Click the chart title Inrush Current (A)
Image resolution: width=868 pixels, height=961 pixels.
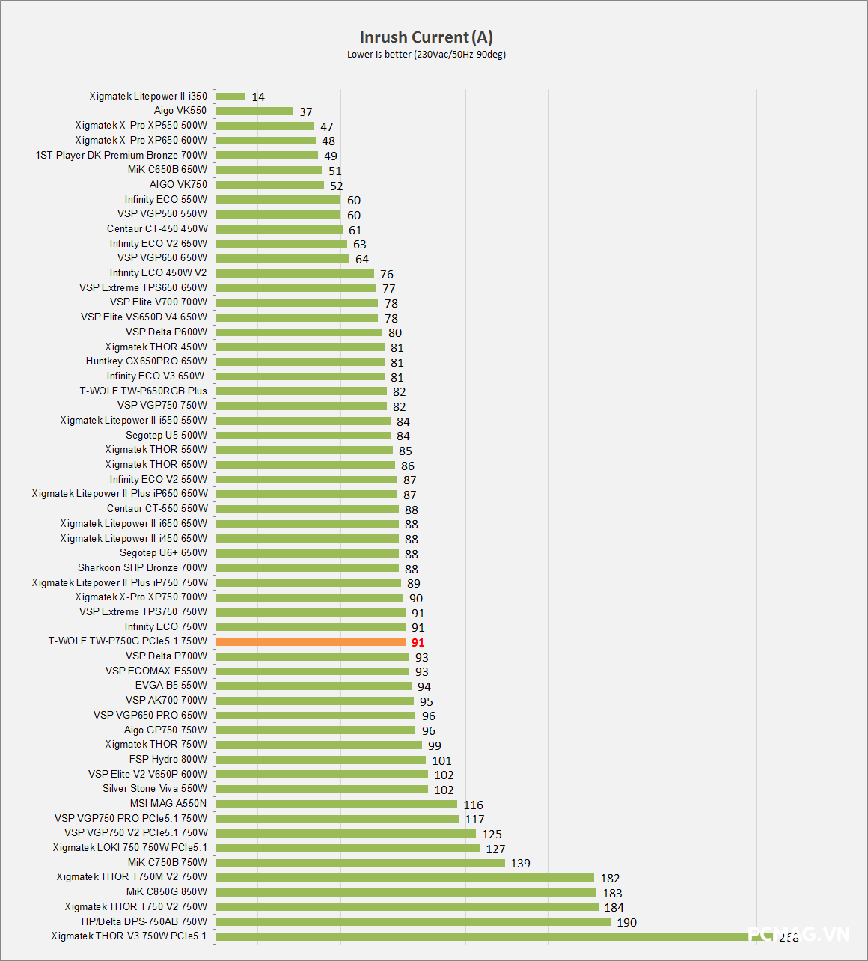[x=426, y=37]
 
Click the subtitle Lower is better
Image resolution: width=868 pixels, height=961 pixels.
[x=426, y=55]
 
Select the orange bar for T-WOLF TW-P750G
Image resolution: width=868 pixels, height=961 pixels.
[x=311, y=641]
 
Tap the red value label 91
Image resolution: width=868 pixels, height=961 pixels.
[x=418, y=643]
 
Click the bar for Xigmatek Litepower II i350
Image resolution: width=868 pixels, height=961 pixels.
[x=230, y=97]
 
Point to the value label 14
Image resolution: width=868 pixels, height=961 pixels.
[x=258, y=97]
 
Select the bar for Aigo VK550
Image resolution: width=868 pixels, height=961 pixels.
[x=254, y=111]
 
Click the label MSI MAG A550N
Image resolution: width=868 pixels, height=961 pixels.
[x=168, y=803]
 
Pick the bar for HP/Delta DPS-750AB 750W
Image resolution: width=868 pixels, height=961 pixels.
[x=413, y=921]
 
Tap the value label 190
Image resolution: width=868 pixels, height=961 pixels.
[x=626, y=923]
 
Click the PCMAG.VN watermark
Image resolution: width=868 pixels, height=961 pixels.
[x=798, y=934]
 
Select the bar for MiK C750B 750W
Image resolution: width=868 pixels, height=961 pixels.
[x=360, y=863]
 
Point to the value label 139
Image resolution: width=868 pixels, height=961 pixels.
[x=520, y=864]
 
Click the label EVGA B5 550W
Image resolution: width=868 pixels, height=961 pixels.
[x=171, y=685]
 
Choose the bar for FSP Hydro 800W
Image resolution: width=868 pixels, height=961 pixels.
[x=320, y=760]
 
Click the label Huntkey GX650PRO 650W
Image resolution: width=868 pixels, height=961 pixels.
[x=147, y=361]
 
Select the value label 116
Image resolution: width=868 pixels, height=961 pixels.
[x=473, y=805]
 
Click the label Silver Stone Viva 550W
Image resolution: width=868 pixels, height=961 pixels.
[x=155, y=788]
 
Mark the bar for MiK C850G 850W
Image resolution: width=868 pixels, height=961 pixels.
[x=406, y=892]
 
